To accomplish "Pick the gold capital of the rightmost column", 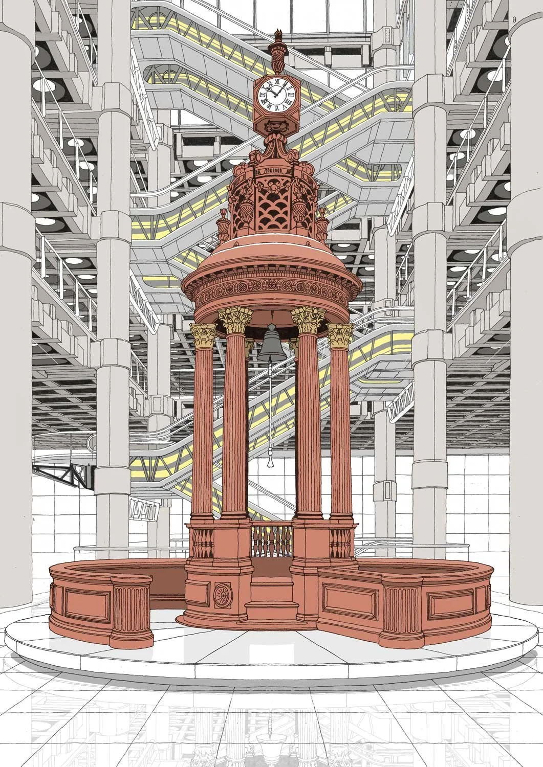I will pos(340,335).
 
